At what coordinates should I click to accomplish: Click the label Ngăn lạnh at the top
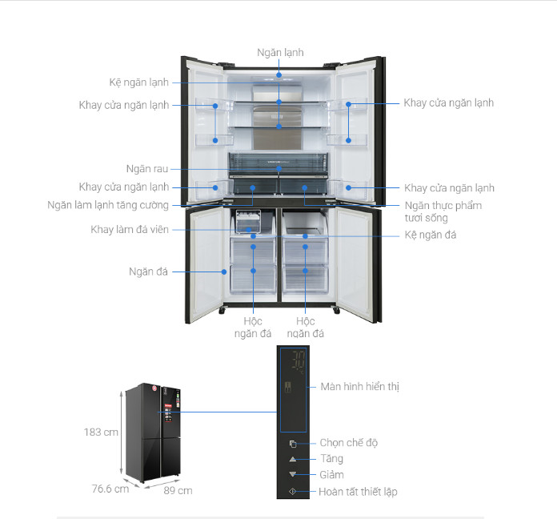pyautogui.click(x=280, y=53)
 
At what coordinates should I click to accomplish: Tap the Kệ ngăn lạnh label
pyautogui.click(x=139, y=82)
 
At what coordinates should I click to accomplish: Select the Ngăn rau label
pyautogui.click(x=147, y=169)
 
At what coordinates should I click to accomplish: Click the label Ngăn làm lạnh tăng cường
pyautogui.click(x=108, y=205)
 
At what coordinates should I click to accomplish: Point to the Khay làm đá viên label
pyautogui.click(x=130, y=230)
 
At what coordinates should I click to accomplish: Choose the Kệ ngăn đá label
pyautogui.click(x=431, y=235)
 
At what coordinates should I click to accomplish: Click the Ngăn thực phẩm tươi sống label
pyautogui.click(x=443, y=211)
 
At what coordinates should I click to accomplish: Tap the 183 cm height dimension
pyautogui.click(x=101, y=432)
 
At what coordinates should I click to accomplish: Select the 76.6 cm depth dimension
pyautogui.click(x=110, y=489)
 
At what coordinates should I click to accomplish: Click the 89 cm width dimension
pyautogui.click(x=178, y=491)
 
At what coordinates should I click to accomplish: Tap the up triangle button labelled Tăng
pyautogui.click(x=293, y=459)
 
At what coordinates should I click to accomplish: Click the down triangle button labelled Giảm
pyautogui.click(x=293, y=474)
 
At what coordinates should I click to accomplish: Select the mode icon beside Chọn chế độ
pyautogui.click(x=293, y=444)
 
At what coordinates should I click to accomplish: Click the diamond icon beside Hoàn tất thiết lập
pyautogui.click(x=293, y=492)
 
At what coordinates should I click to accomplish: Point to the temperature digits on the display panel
pyautogui.click(x=298, y=360)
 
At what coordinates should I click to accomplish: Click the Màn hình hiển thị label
pyautogui.click(x=360, y=387)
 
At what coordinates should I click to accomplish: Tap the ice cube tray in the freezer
pyautogui.click(x=248, y=221)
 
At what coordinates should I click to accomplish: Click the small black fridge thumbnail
pyautogui.click(x=153, y=432)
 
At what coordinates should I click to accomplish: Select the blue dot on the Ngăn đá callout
pyautogui.click(x=224, y=272)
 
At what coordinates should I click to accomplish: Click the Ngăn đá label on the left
pyautogui.click(x=148, y=272)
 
